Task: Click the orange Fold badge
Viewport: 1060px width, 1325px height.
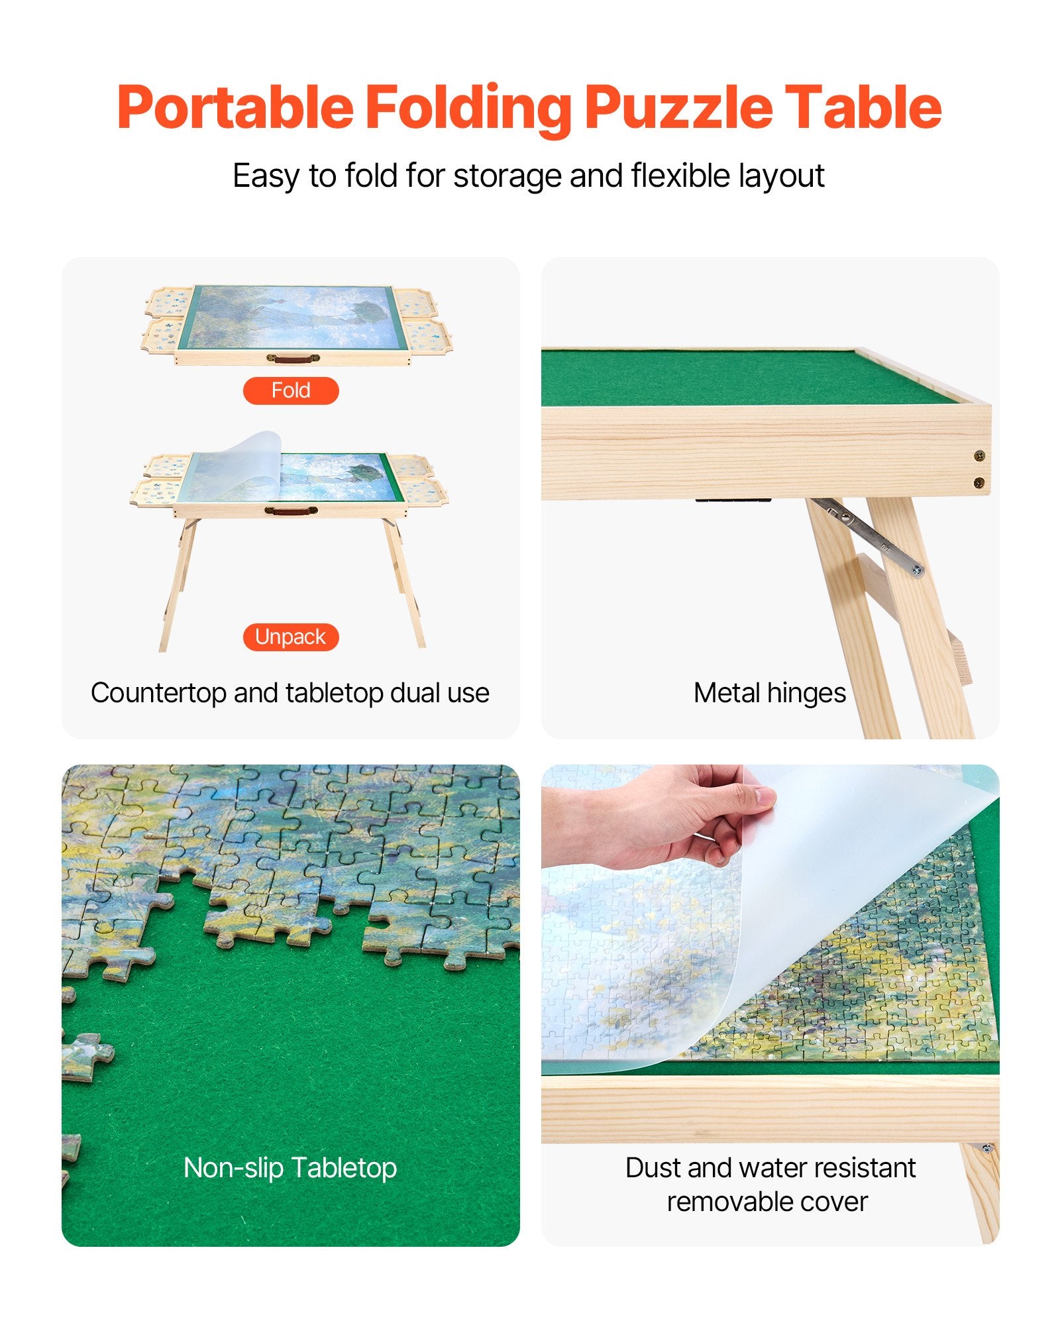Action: [291, 390]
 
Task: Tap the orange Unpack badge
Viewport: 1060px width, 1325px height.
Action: [291, 637]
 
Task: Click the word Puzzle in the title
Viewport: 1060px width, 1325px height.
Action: [678, 107]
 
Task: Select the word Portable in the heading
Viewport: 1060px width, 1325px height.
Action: [235, 107]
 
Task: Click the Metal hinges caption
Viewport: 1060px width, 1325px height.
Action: [769, 693]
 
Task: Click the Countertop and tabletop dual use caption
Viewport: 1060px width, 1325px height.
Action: [290, 693]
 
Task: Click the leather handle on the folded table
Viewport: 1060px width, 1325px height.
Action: [292, 358]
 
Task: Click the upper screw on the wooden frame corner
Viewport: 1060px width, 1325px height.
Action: [979, 455]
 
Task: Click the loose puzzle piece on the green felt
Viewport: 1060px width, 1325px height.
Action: [86, 1056]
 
